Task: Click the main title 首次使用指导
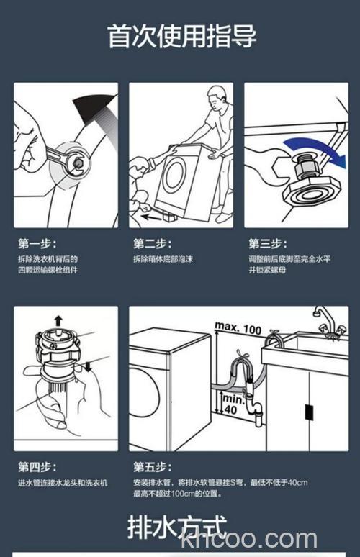181,35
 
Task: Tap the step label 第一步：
37,243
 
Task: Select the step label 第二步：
152,243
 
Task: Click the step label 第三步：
267,243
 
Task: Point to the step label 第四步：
37,466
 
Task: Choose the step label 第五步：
152,466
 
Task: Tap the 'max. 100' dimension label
238,328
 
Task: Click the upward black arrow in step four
58,320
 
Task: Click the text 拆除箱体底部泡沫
163,259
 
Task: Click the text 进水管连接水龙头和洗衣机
63,482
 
